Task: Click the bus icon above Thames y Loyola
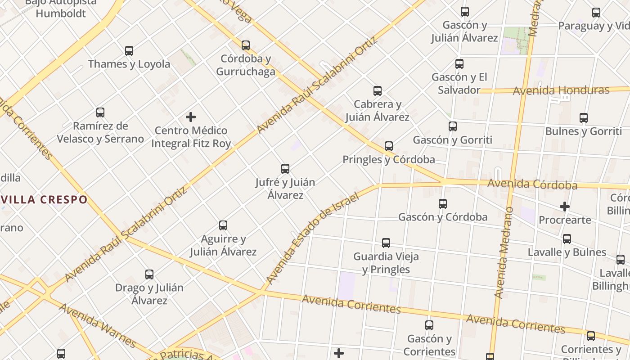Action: tap(129, 51)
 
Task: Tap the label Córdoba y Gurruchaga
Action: tap(246, 65)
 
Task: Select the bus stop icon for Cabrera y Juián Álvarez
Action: tap(378, 91)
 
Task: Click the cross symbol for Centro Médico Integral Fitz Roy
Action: tap(191, 117)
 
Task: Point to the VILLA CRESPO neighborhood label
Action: tap(44, 199)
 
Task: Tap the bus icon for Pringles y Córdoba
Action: tap(389, 146)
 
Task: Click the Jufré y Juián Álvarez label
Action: tap(285, 189)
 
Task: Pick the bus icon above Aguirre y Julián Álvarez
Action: tap(223, 225)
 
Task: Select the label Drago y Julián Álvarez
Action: tap(149, 294)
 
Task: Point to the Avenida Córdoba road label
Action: tap(532, 184)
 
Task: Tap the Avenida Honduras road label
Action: tap(561, 90)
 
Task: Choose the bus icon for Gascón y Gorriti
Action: tap(453, 126)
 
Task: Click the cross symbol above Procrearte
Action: tap(565, 207)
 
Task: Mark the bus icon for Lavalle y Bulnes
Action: tap(567, 239)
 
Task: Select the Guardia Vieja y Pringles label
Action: tap(386, 263)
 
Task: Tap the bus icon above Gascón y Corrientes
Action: tap(429, 325)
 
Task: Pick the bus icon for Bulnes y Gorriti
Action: tap(584, 118)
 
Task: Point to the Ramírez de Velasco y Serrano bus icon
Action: tap(100, 112)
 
